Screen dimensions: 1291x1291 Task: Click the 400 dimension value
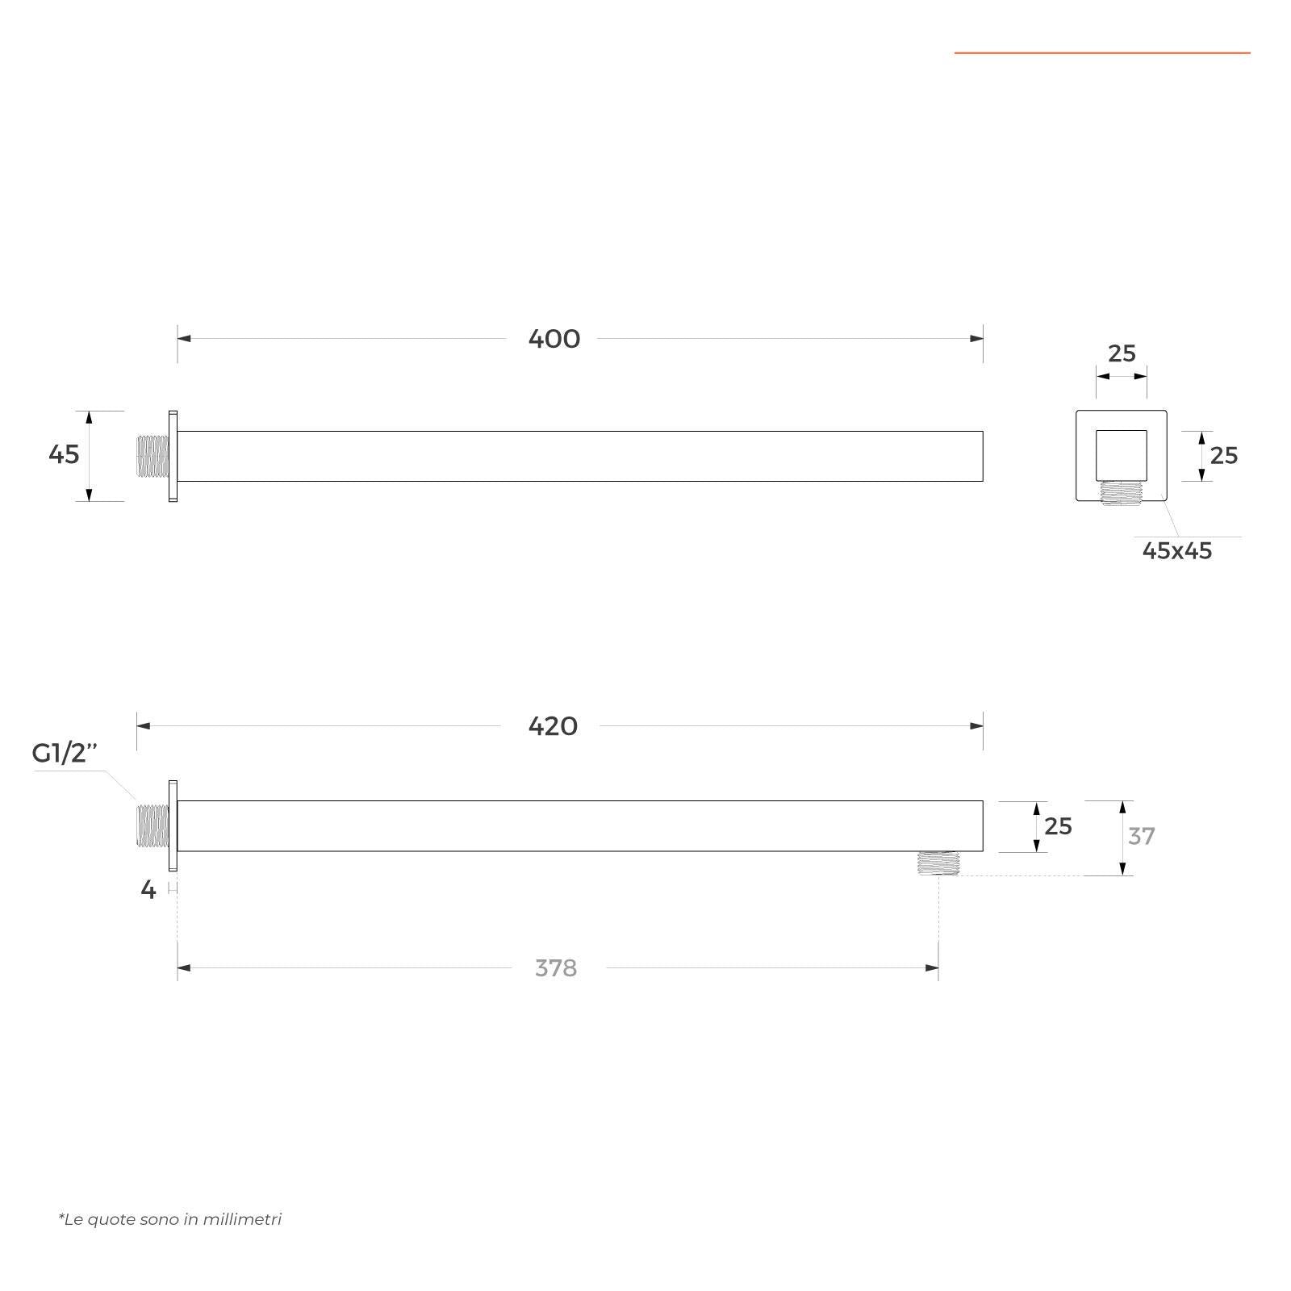point(554,339)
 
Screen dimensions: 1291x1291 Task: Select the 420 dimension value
point(553,726)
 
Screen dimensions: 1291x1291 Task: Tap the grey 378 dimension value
point(556,967)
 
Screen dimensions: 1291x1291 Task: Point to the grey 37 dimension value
point(1141,836)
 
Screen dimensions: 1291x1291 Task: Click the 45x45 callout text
point(1177,551)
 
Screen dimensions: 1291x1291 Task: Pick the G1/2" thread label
point(65,753)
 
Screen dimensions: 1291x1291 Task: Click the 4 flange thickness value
point(148,890)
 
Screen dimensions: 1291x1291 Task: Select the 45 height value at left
point(64,454)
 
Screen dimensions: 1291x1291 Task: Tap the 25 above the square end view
point(1122,353)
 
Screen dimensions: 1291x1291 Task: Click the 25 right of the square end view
point(1224,456)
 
